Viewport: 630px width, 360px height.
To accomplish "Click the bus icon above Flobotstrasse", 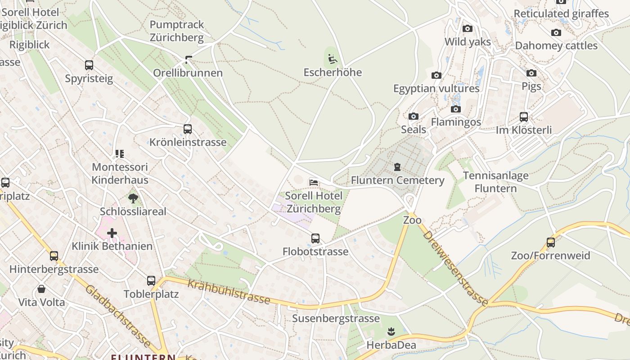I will (315, 238).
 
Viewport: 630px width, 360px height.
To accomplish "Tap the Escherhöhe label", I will (333, 72).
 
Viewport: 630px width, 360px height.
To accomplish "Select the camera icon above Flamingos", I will (456, 109).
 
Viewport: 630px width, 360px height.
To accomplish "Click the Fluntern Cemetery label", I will (397, 180).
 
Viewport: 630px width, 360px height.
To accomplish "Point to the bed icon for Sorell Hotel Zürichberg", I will (314, 182).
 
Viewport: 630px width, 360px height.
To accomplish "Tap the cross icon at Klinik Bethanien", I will (112, 233).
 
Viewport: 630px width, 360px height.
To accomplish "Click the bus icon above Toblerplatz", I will (151, 281).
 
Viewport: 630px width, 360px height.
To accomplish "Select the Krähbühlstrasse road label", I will (229, 292).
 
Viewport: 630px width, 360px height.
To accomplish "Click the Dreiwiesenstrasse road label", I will (455, 268).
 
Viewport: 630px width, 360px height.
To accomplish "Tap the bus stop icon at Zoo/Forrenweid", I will (550, 243).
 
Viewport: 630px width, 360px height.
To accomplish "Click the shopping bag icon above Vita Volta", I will (41, 289).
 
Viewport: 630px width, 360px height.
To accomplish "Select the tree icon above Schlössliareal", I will (133, 198).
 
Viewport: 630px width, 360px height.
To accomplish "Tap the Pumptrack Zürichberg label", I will (177, 31).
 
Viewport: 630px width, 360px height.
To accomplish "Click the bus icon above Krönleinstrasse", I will (188, 129).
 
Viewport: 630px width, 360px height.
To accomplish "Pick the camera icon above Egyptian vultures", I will (436, 75).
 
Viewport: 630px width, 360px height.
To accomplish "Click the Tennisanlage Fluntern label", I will (495, 182).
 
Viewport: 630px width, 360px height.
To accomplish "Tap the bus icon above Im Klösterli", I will (523, 117).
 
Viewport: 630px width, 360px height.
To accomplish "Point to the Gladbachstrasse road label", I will (118, 316).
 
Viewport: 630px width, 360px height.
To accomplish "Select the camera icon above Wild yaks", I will (468, 29).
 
